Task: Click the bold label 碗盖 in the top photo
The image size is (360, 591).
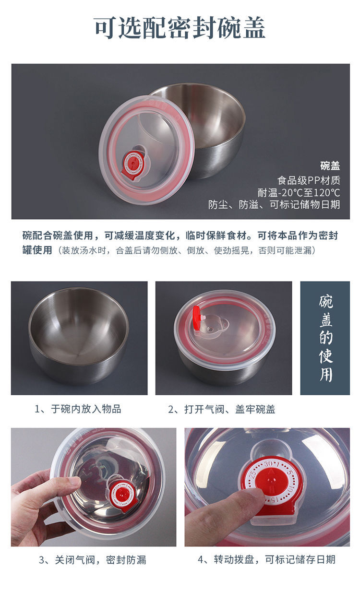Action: pyautogui.click(x=330, y=166)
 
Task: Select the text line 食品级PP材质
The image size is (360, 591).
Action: pyautogui.click(x=309, y=180)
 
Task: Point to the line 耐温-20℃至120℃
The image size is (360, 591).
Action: pyautogui.click(x=299, y=193)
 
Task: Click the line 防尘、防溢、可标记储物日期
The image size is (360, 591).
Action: pyautogui.click(x=274, y=205)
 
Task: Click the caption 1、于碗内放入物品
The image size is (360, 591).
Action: pyautogui.click(x=78, y=409)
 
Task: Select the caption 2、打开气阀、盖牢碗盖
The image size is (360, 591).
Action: pyautogui.click(x=221, y=409)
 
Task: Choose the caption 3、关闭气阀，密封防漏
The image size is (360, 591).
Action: pyautogui.click(x=92, y=560)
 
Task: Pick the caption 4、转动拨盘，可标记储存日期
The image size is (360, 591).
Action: pyautogui.click(x=266, y=560)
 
